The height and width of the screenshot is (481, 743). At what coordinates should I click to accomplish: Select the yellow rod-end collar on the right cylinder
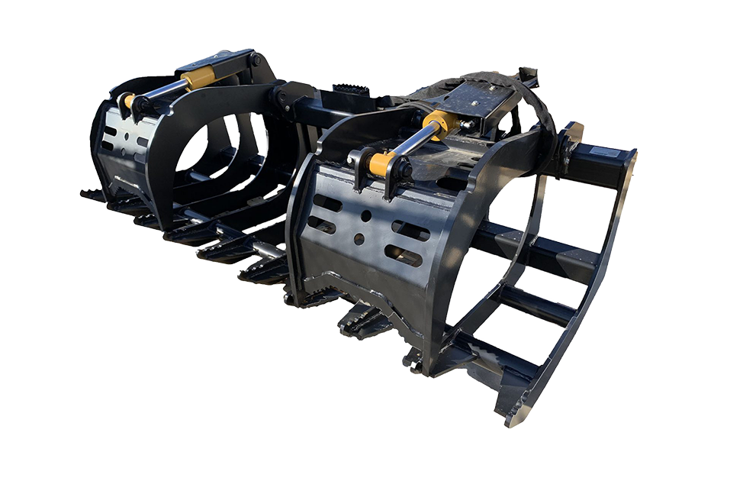380,163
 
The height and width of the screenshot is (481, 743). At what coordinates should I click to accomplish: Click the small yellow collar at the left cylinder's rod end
130,101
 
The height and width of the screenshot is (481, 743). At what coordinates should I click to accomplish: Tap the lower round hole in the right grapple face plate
359,239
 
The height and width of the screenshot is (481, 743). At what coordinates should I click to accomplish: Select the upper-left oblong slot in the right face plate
328,203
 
